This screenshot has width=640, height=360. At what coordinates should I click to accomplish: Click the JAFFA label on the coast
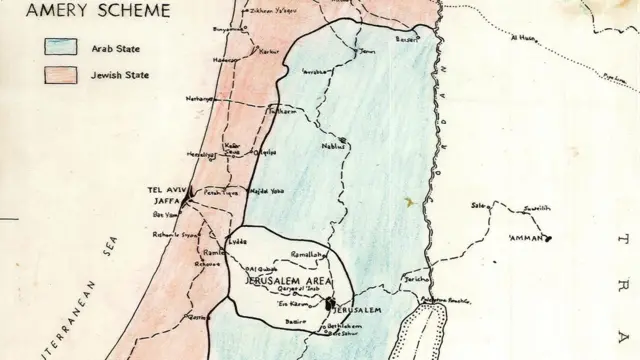164,201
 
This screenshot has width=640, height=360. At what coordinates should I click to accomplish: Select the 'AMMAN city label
527,238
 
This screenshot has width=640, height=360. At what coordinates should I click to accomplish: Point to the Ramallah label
309,255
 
